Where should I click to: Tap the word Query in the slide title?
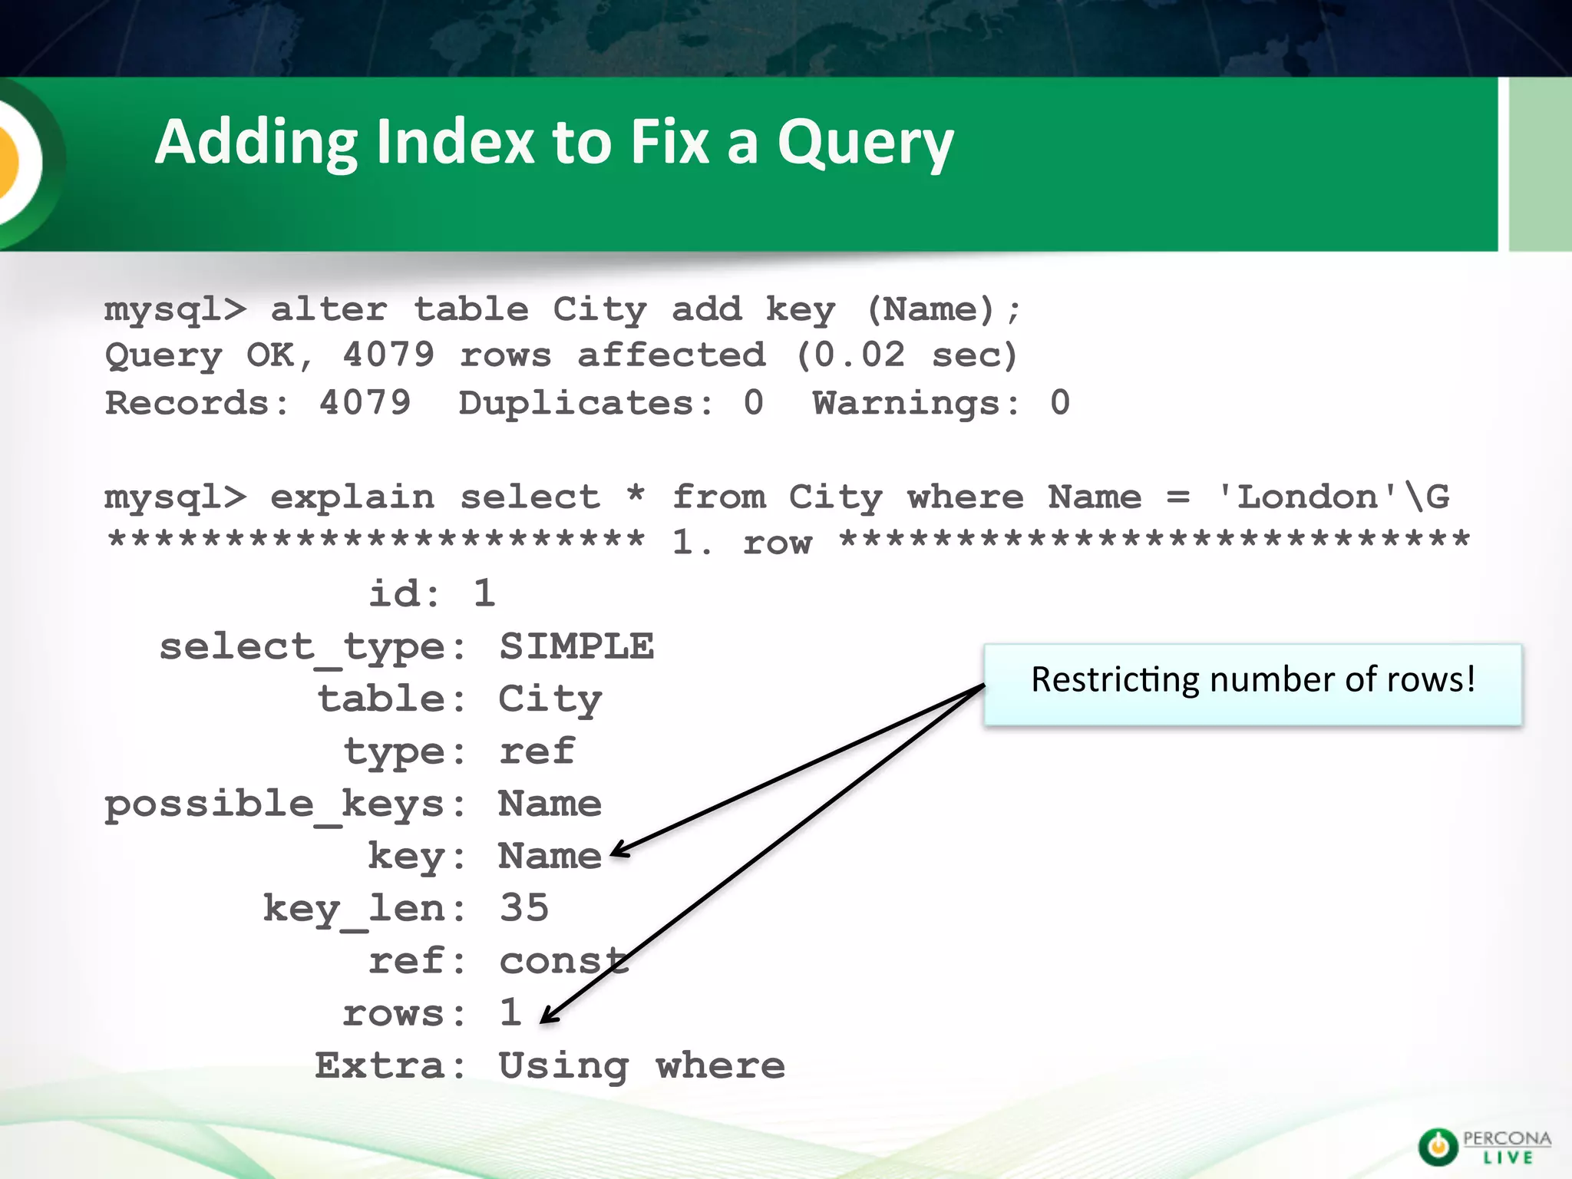(x=865, y=144)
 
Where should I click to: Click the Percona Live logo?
(x=1484, y=1147)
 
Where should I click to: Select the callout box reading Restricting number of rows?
(x=1252, y=684)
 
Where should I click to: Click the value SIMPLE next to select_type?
(x=576, y=646)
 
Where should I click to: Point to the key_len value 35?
(x=524, y=907)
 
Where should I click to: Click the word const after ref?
(x=563, y=961)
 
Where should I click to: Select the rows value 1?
(x=510, y=1012)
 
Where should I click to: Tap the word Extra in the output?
(x=379, y=1065)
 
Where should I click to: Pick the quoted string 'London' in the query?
(x=1308, y=497)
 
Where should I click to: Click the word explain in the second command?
(x=352, y=497)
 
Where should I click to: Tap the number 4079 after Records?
(x=365, y=402)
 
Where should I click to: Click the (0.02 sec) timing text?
(x=907, y=355)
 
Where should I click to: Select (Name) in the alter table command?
(x=931, y=309)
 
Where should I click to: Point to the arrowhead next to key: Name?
(x=616, y=850)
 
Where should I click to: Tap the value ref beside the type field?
(x=537, y=751)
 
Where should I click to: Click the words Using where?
(x=642, y=1065)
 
